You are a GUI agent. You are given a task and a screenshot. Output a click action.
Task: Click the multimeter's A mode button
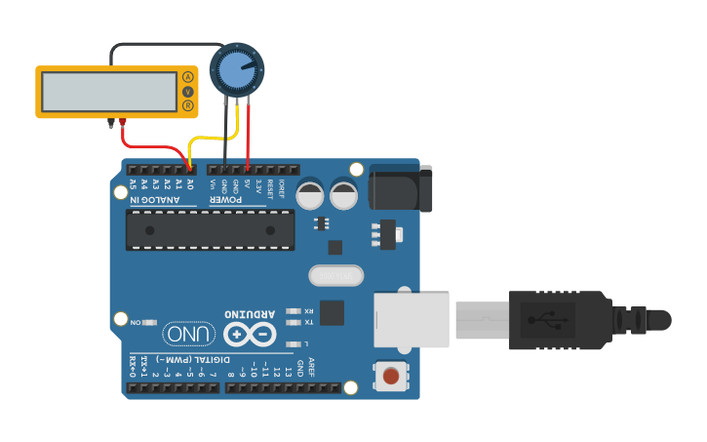coord(188,76)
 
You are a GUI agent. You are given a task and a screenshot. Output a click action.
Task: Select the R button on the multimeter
coord(188,105)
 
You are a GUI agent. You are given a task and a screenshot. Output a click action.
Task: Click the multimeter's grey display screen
coord(108,91)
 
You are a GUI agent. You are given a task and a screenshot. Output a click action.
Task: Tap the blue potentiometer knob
coord(237,69)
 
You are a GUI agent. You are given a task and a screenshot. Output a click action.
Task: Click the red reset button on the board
coord(391,376)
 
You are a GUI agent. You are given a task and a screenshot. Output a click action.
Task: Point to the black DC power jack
coord(401,188)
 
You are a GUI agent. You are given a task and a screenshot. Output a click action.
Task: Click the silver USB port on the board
coord(412,320)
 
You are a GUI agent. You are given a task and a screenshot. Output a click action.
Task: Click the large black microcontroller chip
coord(210,229)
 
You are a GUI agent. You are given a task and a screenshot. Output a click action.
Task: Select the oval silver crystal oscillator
coord(335,276)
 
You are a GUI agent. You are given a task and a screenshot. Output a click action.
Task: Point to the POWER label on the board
coord(227,200)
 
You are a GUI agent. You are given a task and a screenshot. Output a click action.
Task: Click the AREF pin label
coord(312,367)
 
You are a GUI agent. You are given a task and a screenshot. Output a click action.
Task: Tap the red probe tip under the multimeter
coord(124,122)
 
